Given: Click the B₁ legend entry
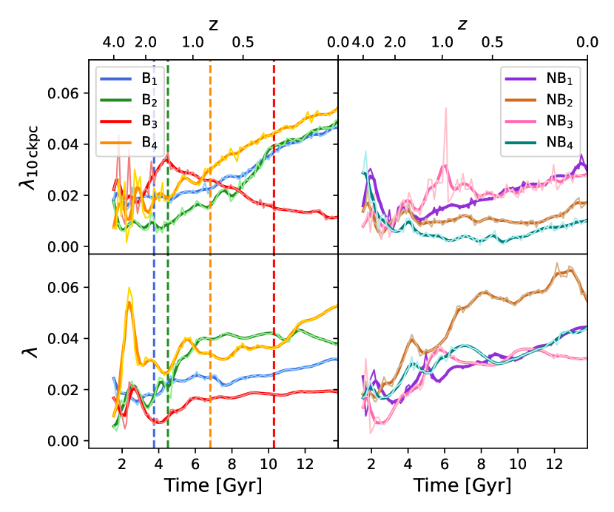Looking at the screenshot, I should [x=129, y=78].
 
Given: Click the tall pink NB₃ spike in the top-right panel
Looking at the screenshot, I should [x=445, y=110].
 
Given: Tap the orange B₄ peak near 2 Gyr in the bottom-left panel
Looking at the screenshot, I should [x=129, y=290].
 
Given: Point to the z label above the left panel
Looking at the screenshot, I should [x=213, y=25].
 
